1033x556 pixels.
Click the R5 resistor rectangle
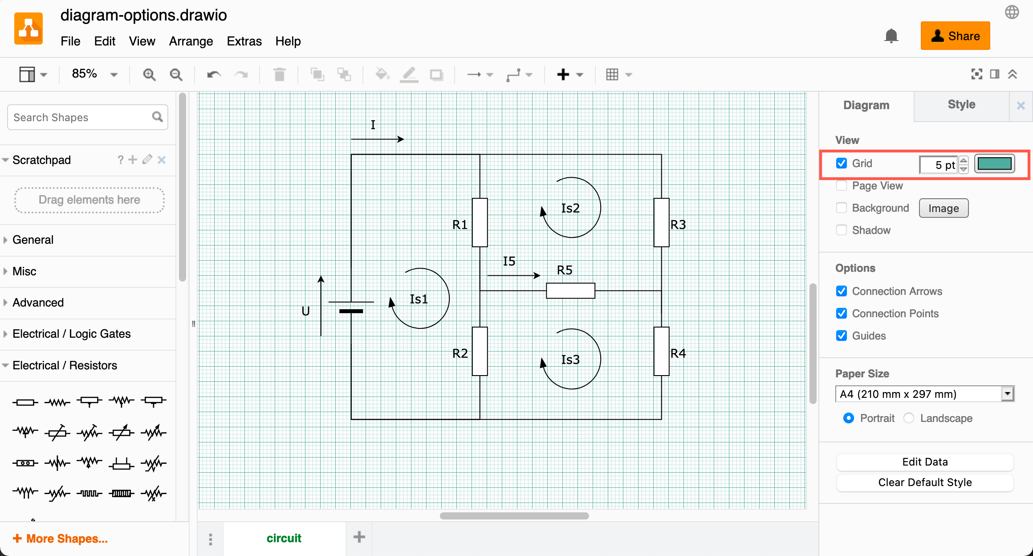coord(570,290)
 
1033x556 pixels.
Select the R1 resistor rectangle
coord(480,222)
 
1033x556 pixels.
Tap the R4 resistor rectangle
coord(661,351)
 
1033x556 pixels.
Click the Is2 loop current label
coord(570,208)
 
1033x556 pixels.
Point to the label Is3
coord(570,360)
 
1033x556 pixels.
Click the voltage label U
coord(305,311)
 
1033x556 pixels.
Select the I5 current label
coord(509,261)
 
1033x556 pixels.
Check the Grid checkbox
coord(841,164)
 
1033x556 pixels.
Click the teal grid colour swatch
coord(994,164)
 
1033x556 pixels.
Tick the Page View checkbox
coord(841,186)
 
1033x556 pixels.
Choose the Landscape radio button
coord(909,418)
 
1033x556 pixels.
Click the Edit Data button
coord(925,462)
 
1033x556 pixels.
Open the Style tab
coord(961,105)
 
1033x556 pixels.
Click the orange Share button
coord(955,36)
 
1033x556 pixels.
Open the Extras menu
coord(244,41)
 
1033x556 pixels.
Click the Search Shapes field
coord(80,117)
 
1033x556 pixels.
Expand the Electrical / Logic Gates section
coord(71,334)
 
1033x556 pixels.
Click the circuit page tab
coord(284,538)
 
